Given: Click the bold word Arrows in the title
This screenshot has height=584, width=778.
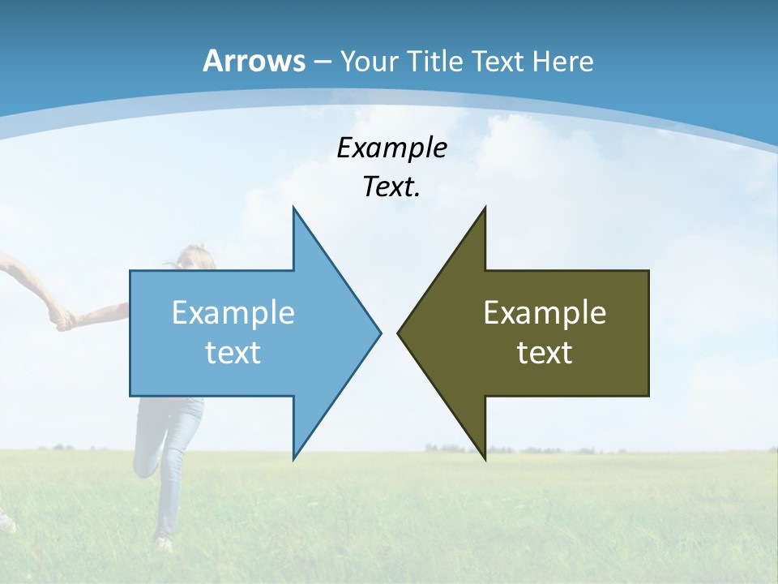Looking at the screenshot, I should point(254,61).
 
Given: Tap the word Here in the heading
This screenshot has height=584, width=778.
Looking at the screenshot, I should point(563,61).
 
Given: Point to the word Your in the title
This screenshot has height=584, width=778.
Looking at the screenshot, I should point(370,61).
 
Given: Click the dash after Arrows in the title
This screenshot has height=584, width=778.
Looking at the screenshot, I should point(322,62).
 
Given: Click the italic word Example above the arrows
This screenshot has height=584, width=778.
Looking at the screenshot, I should point(391,148).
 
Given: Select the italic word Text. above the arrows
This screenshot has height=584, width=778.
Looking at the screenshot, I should point(391,187).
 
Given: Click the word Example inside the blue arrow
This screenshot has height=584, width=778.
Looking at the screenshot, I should point(233,313).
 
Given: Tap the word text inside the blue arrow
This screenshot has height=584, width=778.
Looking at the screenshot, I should point(233,352).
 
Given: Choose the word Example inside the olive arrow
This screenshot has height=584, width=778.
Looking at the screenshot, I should point(545,313).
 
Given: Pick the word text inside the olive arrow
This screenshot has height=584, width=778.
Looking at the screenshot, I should point(545,352).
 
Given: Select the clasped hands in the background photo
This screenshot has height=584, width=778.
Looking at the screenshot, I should point(62,319).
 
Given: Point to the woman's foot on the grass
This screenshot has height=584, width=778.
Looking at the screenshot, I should point(164,542).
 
